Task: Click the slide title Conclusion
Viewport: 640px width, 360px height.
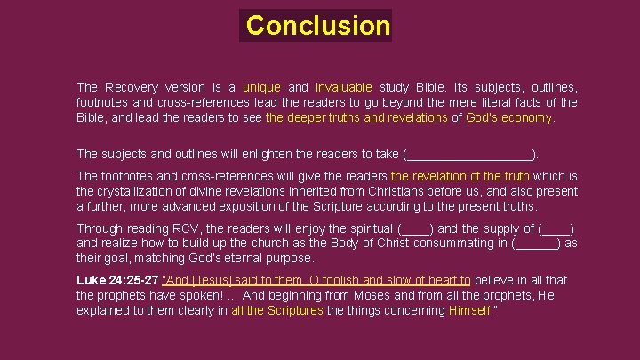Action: (318, 25)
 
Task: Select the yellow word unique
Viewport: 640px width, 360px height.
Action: (261, 87)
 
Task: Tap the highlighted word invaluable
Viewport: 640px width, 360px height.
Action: (343, 87)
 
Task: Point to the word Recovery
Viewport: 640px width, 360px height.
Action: (131, 87)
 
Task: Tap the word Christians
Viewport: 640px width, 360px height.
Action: (418, 191)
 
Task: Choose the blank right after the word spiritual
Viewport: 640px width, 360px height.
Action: (416, 228)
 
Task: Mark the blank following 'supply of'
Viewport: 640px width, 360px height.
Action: (556, 228)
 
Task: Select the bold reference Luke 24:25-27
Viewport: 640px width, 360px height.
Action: (117, 280)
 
